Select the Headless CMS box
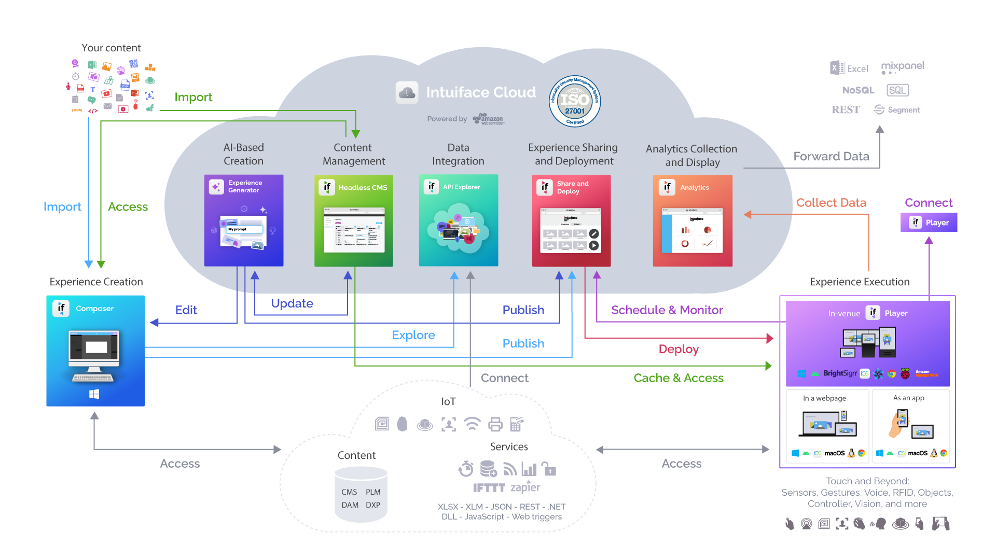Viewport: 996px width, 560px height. click(354, 220)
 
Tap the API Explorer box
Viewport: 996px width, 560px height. click(459, 220)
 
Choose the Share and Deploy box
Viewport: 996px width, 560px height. click(571, 220)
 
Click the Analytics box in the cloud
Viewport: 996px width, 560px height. click(693, 220)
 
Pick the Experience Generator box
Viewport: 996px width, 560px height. click(244, 220)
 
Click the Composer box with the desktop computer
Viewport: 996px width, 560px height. click(95, 351)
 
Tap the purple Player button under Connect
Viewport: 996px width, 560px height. click(929, 222)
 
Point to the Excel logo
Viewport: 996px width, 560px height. click(849, 68)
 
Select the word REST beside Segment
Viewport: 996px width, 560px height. click(846, 110)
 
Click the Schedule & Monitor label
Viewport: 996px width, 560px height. click(667, 310)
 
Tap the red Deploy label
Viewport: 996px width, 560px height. click(679, 349)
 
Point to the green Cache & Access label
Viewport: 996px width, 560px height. click(679, 378)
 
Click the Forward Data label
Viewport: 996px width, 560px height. click(831, 157)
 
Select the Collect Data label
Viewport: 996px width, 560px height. click(831, 203)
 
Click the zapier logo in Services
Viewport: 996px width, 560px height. click(525, 487)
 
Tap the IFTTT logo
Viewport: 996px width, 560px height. click(489, 488)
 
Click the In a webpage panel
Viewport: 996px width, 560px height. click(827, 426)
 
